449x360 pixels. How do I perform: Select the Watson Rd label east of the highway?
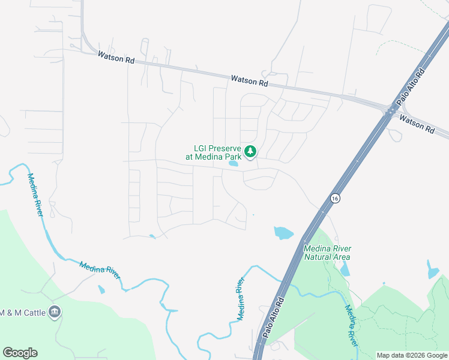click(x=416, y=124)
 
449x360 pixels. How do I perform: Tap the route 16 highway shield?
click(x=335, y=198)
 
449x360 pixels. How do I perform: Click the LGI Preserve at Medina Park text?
click(x=217, y=152)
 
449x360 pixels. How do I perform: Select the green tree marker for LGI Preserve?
click(x=250, y=152)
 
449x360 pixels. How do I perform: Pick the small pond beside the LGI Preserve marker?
click(x=233, y=163)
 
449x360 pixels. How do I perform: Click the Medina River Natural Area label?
click(x=327, y=253)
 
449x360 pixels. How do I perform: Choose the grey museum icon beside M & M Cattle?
click(x=55, y=311)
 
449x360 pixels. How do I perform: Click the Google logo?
click(x=20, y=353)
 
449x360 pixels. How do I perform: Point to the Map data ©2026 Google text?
click(x=412, y=355)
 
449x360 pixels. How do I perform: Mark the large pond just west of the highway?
click(x=283, y=232)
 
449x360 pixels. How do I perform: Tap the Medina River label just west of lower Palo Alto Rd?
click(x=240, y=299)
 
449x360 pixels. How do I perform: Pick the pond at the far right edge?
click(x=432, y=271)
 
